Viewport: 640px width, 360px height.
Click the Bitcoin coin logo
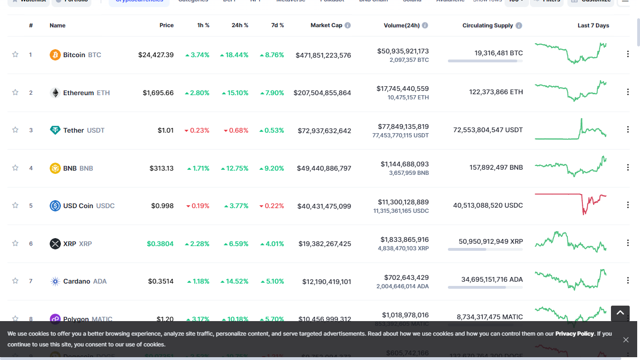[x=55, y=55]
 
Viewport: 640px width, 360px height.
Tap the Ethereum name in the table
[x=78, y=93]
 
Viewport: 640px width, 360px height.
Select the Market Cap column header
[x=326, y=25]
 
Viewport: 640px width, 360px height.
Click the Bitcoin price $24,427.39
[x=156, y=55]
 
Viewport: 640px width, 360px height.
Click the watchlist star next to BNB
[x=15, y=168]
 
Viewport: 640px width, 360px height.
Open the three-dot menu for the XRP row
[x=628, y=243]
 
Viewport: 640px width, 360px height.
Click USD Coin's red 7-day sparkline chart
[x=571, y=203]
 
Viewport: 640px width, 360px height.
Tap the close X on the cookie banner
[x=626, y=340]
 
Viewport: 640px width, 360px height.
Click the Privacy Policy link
[x=574, y=334]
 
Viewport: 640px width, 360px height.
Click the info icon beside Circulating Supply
[x=519, y=25]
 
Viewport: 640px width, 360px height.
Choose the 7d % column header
[x=277, y=25]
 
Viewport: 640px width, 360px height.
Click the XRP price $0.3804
[x=160, y=244]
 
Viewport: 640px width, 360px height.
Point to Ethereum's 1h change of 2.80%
[x=197, y=93]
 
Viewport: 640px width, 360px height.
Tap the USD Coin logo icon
[x=55, y=206]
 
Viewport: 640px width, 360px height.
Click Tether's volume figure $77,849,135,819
[x=403, y=127]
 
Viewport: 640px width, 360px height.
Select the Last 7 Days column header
[x=593, y=25]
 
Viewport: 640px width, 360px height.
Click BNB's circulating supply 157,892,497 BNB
[x=496, y=167]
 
